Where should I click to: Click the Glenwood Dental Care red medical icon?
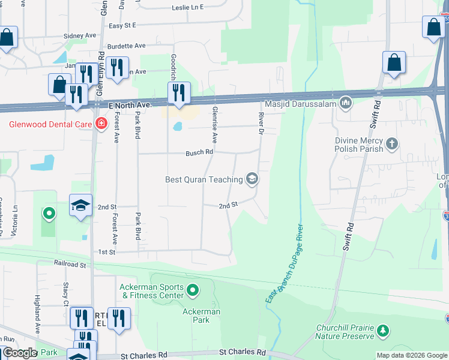[x=101, y=125]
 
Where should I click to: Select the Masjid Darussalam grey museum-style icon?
[x=345, y=104]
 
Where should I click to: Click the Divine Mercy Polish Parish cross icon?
[x=391, y=143]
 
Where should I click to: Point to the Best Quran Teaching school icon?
[x=252, y=179]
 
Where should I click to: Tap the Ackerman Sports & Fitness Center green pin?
[x=192, y=291]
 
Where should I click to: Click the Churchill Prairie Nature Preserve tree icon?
[x=382, y=331]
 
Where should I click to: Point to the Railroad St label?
[x=70, y=264]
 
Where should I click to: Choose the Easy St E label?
[x=122, y=25]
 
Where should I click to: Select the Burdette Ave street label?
[x=126, y=46]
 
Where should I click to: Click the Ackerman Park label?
[x=202, y=316]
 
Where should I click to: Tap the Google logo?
[x=19, y=353]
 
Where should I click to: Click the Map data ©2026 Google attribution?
[x=411, y=355]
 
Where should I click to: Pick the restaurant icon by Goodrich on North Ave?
[x=178, y=93]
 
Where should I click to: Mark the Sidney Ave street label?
[x=80, y=36]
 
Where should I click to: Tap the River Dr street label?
[x=261, y=123]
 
